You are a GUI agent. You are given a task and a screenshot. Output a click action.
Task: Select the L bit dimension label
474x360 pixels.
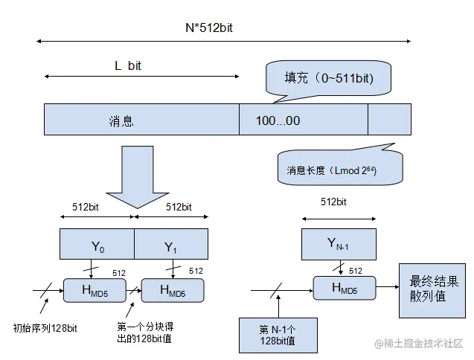[x=127, y=65]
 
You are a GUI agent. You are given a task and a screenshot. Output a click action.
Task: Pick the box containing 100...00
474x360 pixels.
[x=303, y=120]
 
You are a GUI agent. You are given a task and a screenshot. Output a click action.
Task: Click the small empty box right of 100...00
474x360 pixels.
[x=389, y=120]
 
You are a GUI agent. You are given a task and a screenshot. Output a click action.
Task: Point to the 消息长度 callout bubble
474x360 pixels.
[x=339, y=170]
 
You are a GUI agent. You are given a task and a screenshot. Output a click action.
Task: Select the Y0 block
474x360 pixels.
[x=97, y=244]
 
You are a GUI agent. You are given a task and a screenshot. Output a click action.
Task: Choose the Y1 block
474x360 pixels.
[x=170, y=244]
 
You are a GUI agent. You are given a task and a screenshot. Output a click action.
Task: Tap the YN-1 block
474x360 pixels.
[x=339, y=243]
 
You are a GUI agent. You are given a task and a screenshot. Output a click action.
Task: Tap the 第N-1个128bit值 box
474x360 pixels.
[x=277, y=334]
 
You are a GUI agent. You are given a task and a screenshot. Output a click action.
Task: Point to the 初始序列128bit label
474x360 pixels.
[x=45, y=327]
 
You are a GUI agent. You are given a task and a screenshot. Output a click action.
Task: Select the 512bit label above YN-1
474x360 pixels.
[x=336, y=202]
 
